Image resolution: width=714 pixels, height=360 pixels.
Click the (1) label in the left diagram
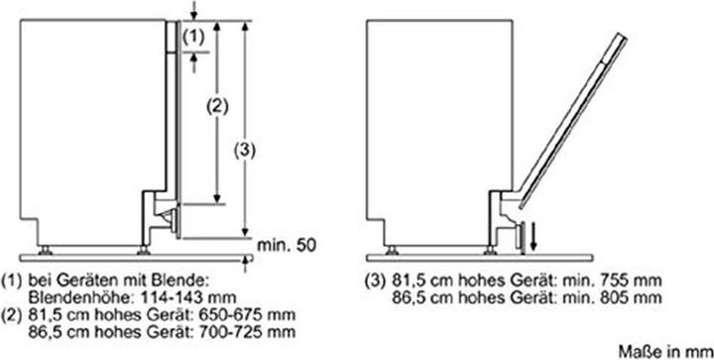point(195,36)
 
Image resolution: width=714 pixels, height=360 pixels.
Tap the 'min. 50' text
point(289,242)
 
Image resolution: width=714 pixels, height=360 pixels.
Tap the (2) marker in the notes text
point(13,312)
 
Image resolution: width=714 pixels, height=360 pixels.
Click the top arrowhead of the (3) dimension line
point(244,21)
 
